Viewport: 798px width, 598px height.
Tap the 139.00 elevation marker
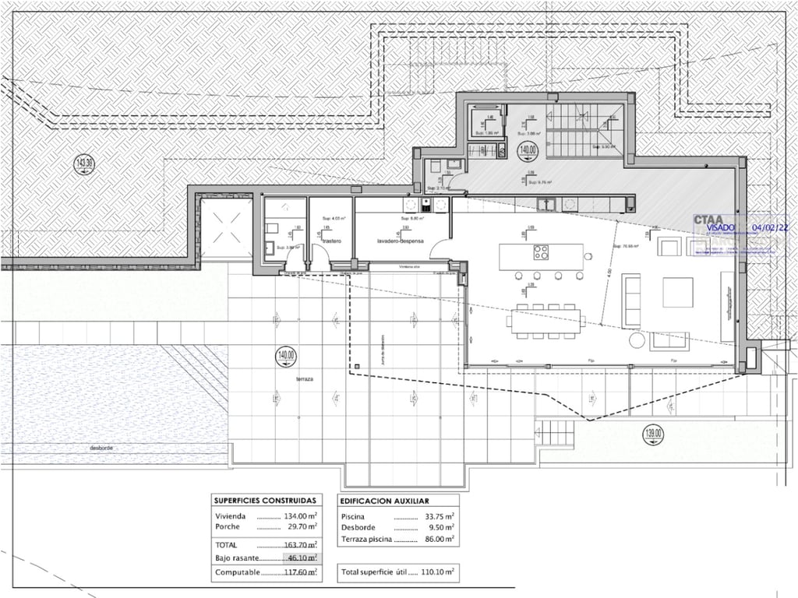click(x=653, y=433)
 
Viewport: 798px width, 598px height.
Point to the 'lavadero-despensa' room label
click(x=401, y=241)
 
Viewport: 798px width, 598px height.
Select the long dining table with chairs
click(x=548, y=321)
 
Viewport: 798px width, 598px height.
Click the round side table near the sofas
click(x=637, y=340)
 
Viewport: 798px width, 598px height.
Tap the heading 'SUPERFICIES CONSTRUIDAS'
click(x=265, y=501)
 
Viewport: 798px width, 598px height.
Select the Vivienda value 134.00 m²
click(x=299, y=516)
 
